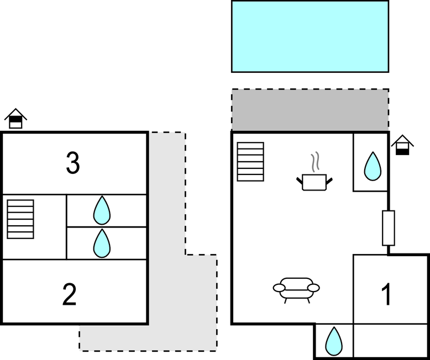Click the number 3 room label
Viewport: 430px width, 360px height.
pos(72,163)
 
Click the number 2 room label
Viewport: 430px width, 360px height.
pos(70,295)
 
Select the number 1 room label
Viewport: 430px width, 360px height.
pos(387,295)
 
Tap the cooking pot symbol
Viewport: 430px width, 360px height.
pos(315,182)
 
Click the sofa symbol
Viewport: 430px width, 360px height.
pos(297,289)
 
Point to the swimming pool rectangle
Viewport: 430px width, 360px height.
pos(310,36)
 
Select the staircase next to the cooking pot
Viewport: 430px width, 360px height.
pos(250,161)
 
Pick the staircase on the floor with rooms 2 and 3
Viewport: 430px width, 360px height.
pos(20,219)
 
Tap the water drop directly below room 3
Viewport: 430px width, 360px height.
pos(102,210)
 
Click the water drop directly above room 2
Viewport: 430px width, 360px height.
pos(102,243)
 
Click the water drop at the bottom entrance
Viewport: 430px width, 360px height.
pos(333,341)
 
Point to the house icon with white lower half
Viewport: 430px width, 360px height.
pos(15,118)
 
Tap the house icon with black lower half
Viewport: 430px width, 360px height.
pos(402,145)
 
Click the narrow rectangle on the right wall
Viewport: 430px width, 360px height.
pos(389,227)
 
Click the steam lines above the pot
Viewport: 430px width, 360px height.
pos(316,162)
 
